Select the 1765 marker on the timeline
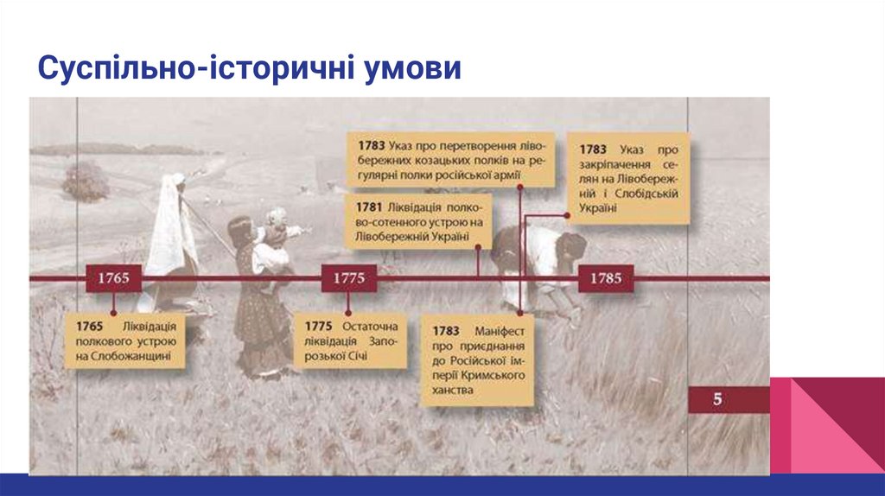coord(113,278)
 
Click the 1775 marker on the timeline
coord(349,278)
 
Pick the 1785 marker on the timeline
coord(605,278)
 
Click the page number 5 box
coord(718,400)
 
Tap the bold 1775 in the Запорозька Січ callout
coord(319,326)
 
